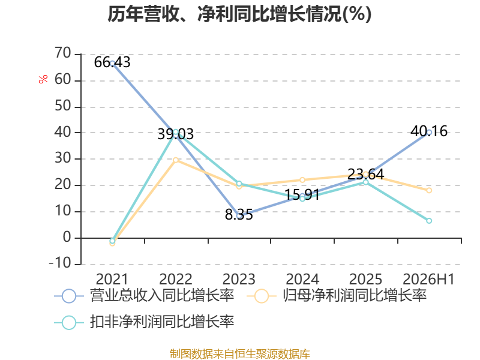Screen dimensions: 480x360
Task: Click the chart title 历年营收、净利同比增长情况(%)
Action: (239, 14)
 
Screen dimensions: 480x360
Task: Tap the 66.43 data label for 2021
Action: (112, 62)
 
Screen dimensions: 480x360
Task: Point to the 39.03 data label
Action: (176, 134)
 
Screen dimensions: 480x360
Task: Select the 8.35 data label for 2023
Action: (239, 215)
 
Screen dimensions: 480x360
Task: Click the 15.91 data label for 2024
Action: (302, 194)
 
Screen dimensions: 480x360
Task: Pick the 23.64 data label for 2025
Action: (366, 175)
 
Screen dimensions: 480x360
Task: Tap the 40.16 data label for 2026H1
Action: (429, 131)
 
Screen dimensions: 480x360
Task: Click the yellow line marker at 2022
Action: (176, 160)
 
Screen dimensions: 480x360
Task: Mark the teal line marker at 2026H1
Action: (429, 221)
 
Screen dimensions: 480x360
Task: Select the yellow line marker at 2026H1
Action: (429, 190)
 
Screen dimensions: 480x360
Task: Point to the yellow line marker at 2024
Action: (302, 180)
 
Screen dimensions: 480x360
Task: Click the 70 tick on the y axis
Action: (63, 53)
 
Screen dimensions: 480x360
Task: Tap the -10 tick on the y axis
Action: (61, 263)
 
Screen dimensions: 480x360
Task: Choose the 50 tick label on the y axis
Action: (63, 106)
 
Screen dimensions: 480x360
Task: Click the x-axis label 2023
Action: (239, 280)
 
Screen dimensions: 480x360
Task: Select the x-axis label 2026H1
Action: (428, 280)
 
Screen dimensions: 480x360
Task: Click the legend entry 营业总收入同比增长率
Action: (144, 296)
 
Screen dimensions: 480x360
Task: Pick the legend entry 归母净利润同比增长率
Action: (337, 296)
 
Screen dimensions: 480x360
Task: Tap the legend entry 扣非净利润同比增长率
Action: (144, 322)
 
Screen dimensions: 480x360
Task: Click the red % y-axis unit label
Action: (43, 79)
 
